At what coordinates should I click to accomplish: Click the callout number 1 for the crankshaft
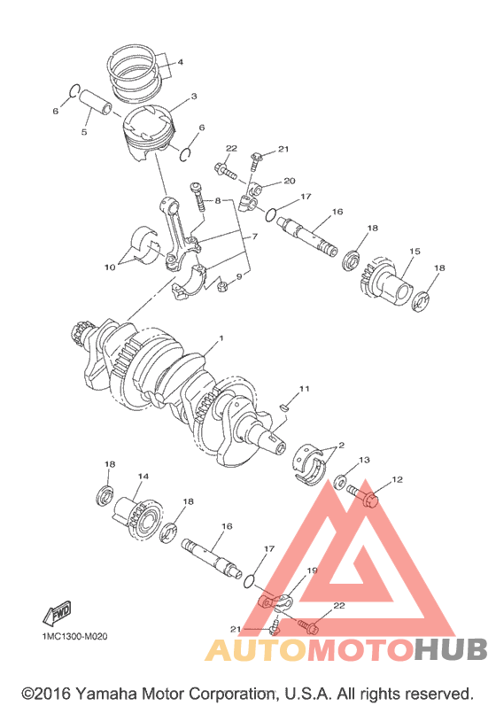(221, 338)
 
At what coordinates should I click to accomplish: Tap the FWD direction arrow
(58, 613)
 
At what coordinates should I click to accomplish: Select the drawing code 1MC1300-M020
(74, 637)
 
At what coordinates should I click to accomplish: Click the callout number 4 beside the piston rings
(180, 62)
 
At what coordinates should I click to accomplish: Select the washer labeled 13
(341, 481)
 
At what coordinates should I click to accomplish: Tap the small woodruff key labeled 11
(283, 407)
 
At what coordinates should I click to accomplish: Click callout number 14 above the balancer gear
(143, 476)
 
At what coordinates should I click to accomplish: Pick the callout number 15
(415, 251)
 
